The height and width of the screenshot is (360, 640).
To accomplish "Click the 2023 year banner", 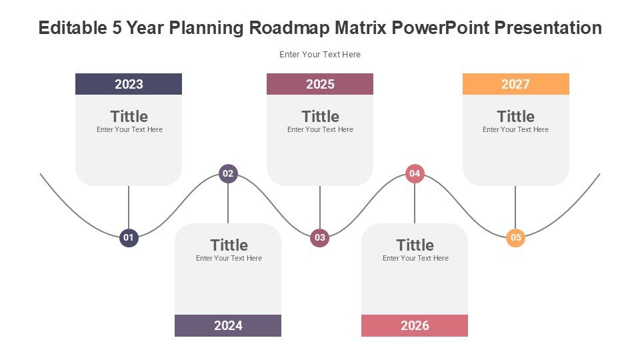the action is [129, 84].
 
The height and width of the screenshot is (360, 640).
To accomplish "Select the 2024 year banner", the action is [228, 325].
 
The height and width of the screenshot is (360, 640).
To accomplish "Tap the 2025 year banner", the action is [320, 84].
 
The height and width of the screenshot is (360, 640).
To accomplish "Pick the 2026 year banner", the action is [415, 325].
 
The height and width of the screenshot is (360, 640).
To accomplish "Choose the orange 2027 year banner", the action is [516, 84].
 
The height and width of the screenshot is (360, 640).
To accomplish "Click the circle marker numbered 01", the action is [129, 237].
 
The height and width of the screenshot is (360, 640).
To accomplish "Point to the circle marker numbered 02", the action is [228, 173].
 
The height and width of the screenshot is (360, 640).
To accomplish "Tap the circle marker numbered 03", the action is [320, 237].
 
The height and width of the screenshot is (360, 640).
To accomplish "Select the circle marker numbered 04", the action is [415, 173].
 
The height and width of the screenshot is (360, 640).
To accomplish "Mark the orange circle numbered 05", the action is [516, 237].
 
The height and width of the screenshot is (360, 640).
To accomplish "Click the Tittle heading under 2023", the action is [129, 116].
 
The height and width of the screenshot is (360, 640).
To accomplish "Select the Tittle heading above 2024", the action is [229, 245].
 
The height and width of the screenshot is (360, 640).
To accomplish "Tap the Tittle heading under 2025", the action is [321, 116].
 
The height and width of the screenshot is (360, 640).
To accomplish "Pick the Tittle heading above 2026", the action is [415, 245].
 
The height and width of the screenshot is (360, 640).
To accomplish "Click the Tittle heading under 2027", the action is [515, 116].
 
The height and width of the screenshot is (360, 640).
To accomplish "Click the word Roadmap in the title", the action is [289, 28].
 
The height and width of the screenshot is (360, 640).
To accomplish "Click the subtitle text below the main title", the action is [320, 54].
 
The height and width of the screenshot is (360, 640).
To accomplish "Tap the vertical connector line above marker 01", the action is [129, 207].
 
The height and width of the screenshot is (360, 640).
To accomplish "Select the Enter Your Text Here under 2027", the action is [515, 129].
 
